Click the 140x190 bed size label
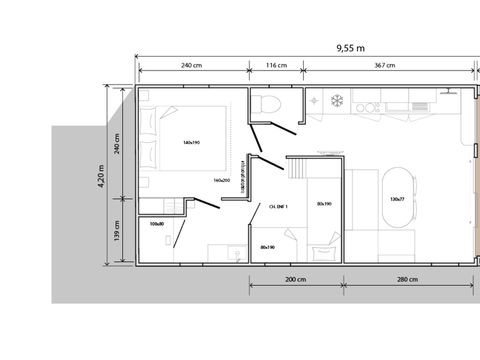(193, 142)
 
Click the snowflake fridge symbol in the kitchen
(337, 100)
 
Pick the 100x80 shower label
(155, 223)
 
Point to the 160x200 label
(222, 180)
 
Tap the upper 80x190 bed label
(323, 205)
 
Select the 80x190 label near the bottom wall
(267, 246)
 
